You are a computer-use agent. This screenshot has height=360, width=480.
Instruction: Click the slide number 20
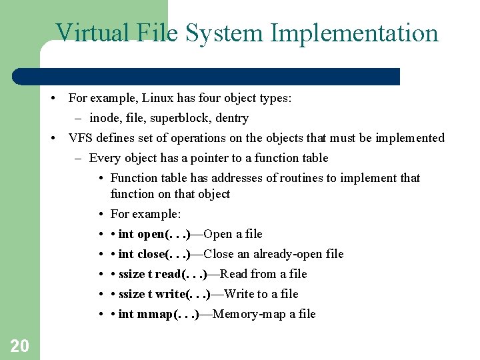click(19, 345)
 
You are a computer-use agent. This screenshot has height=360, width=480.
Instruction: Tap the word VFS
click(81, 138)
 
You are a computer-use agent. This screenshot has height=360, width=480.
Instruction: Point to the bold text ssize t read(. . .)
click(163, 274)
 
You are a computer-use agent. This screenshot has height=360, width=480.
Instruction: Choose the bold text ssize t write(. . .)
click(165, 294)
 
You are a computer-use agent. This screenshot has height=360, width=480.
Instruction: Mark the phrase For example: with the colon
click(145, 214)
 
